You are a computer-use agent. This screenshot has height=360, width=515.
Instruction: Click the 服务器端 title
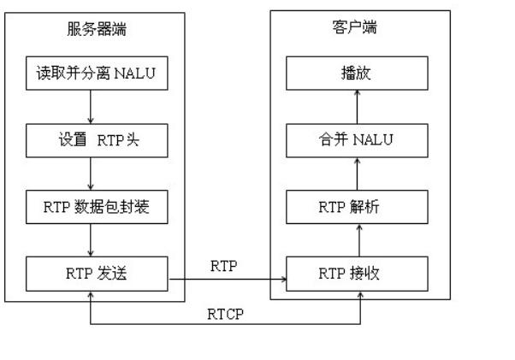[93, 29]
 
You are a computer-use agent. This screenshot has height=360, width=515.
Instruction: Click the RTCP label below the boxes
[225, 314]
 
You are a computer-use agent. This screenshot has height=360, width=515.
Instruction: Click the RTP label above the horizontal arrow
[224, 266]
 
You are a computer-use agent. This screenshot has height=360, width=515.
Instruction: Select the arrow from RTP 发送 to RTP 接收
[227, 279]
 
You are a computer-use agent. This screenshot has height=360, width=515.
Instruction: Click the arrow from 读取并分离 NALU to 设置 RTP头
[91, 107]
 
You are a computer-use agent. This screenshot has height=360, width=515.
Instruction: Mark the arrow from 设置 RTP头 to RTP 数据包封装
[91, 174]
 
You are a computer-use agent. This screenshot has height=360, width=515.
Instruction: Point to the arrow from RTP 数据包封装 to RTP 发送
[91, 240]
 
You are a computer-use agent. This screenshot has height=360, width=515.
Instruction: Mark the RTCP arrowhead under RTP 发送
[91, 295]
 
